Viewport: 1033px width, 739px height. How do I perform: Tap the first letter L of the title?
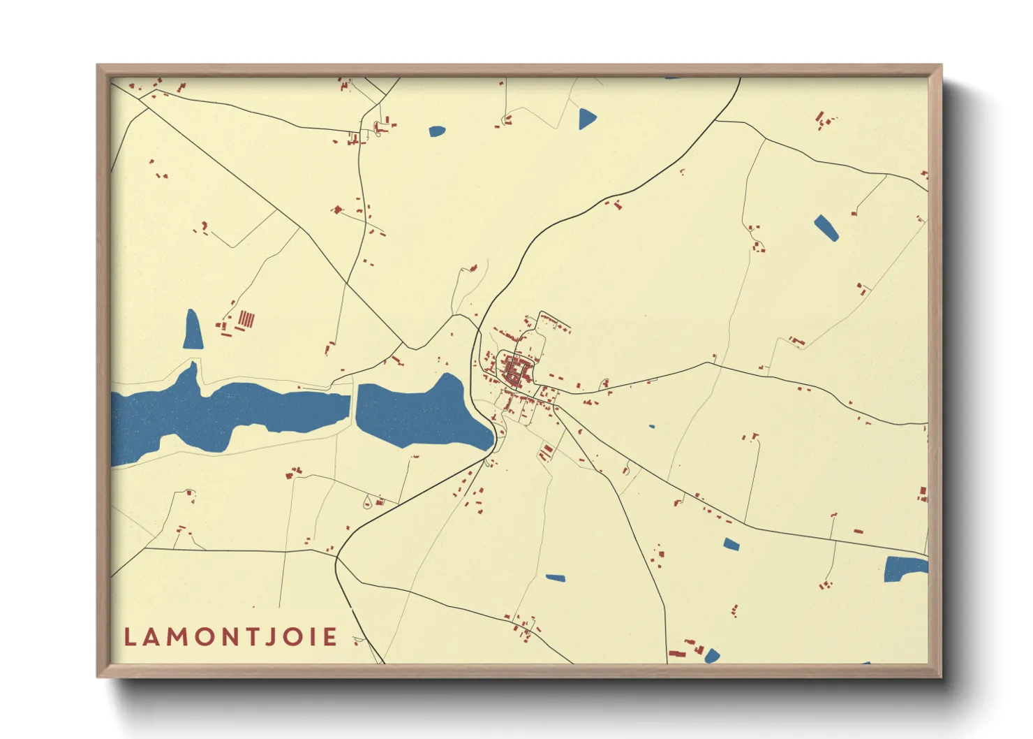point(130,637)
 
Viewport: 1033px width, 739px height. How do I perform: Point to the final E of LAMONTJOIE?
point(330,637)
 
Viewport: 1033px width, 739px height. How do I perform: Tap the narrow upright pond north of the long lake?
point(193,330)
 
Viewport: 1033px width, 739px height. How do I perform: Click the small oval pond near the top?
point(437,131)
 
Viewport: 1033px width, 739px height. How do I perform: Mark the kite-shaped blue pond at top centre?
point(587,119)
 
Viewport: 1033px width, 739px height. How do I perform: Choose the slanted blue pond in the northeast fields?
point(826,228)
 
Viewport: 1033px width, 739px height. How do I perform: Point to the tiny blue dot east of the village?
point(652,426)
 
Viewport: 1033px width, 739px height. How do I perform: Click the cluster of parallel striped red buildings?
point(246,320)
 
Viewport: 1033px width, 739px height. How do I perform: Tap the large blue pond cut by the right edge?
point(905,569)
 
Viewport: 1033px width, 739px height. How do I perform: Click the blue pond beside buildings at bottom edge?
point(711,656)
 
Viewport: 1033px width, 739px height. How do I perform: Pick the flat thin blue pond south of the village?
point(556,578)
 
